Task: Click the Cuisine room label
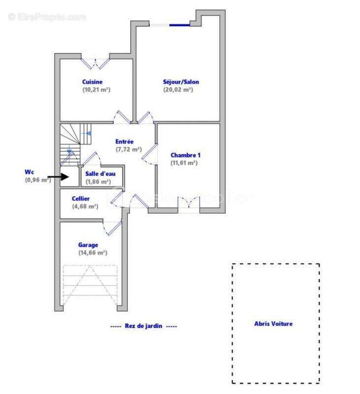click(x=92, y=82)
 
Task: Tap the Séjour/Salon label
click(x=181, y=82)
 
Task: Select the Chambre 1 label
click(x=186, y=155)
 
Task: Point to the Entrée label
click(x=125, y=142)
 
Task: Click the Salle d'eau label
click(x=100, y=174)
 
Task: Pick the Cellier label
click(x=80, y=199)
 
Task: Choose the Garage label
click(x=88, y=245)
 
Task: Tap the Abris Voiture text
click(x=273, y=324)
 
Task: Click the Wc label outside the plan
click(x=29, y=172)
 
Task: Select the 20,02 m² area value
click(x=178, y=90)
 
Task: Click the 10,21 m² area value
click(x=96, y=90)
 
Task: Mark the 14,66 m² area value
click(x=93, y=253)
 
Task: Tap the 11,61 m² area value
click(x=184, y=163)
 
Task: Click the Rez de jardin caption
click(x=144, y=326)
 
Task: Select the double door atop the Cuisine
click(x=95, y=63)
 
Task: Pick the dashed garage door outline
click(x=90, y=286)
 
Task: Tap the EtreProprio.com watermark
click(x=47, y=17)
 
